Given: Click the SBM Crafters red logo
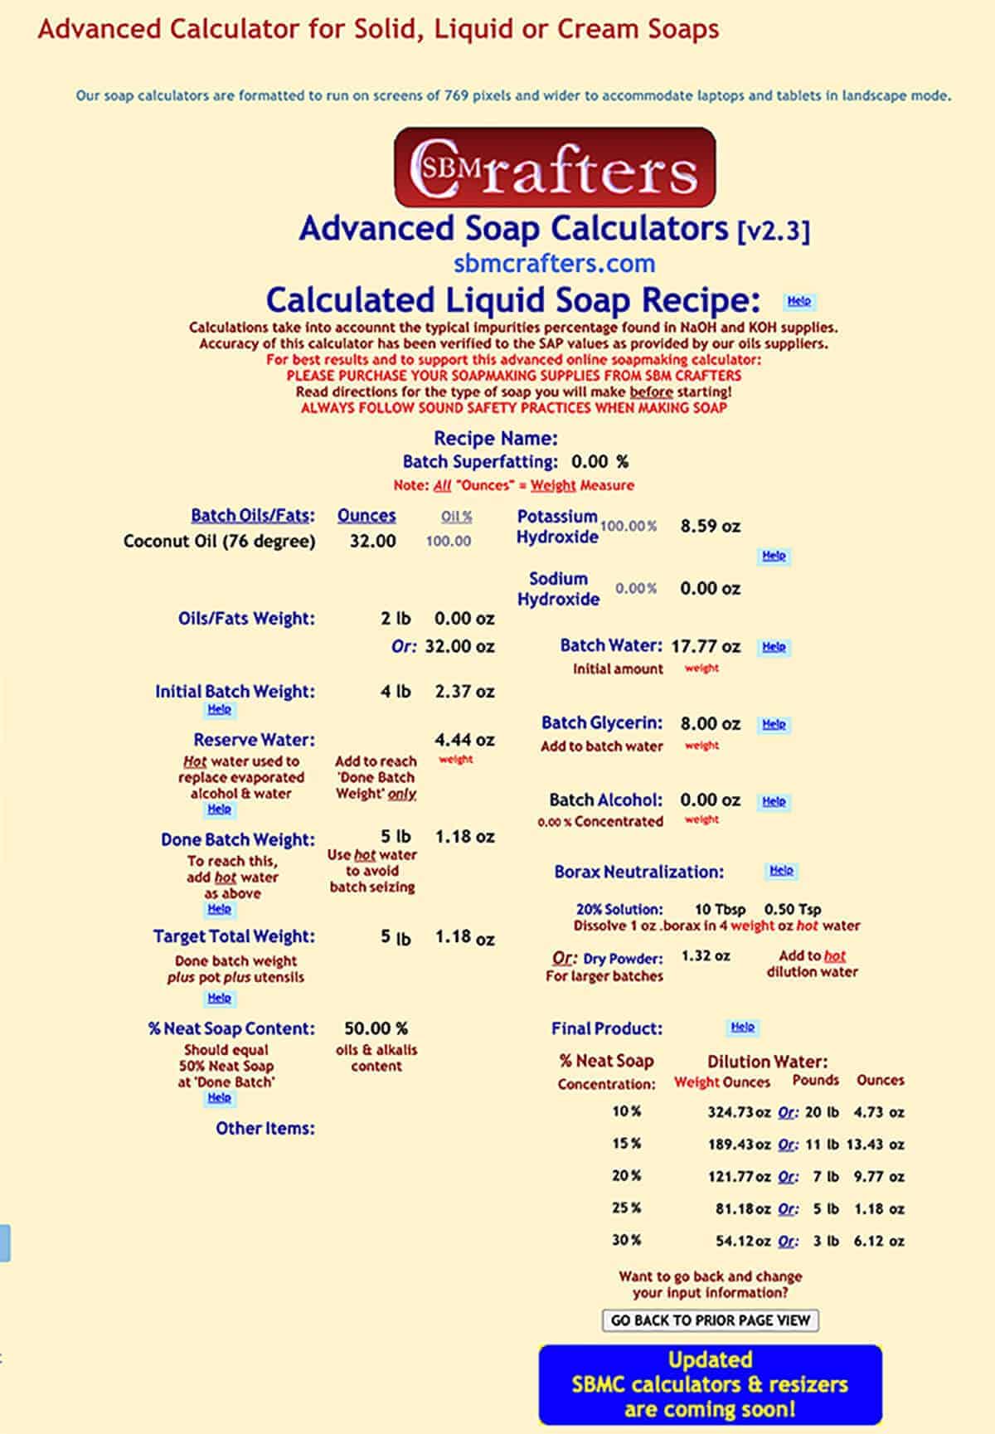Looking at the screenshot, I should (554, 167).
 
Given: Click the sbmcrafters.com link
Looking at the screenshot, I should (554, 264).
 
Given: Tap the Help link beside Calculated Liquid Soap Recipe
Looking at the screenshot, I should (798, 301).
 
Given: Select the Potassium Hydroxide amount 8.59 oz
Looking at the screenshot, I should (710, 526).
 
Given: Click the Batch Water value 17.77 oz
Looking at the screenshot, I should (706, 646).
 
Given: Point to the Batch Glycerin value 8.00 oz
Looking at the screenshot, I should (710, 723).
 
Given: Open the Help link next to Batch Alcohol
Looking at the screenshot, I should (774, 801).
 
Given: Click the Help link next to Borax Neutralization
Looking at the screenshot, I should (781, 871).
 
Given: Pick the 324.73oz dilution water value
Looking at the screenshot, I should (738, 1112).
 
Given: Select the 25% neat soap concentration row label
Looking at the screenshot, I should (626, 1208).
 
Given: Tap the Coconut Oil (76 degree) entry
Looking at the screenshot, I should (219, 542).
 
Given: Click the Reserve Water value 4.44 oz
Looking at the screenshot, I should (464, 740).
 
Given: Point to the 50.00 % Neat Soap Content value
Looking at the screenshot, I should (376, 1028).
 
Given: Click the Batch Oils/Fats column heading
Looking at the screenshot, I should (253, 515).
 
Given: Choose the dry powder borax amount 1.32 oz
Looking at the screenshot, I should (706, 956).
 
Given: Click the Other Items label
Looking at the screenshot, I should (265, 1128).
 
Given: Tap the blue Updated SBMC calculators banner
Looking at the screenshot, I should (710, 1384).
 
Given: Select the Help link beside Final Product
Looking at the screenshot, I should (742, 1028).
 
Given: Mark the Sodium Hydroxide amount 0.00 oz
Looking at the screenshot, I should (710, 589).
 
